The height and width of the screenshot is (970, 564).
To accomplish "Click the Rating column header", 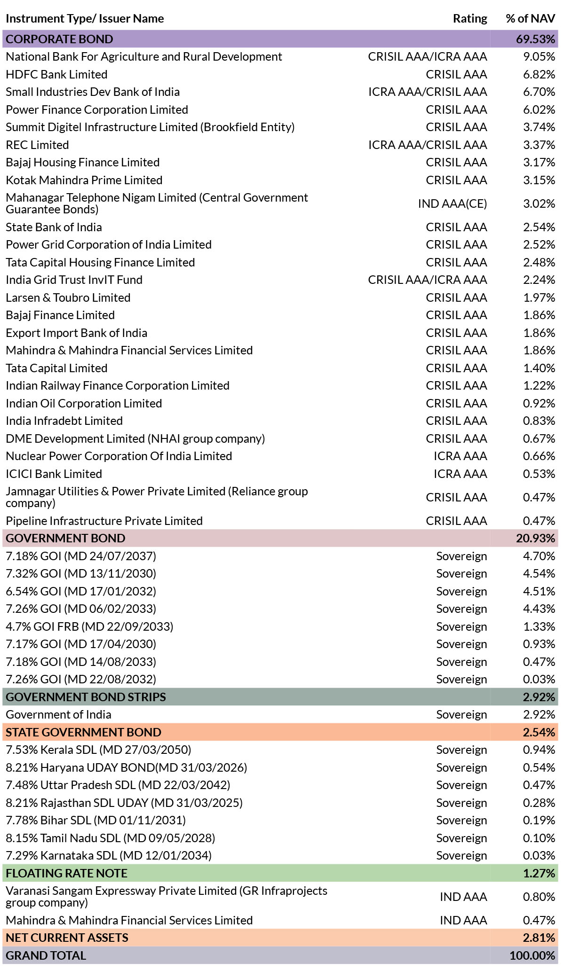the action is click(x=470, y=19).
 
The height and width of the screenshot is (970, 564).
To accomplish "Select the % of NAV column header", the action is click(x=531, y=19).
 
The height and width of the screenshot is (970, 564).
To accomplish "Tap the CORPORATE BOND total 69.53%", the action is click(x=536, y=39).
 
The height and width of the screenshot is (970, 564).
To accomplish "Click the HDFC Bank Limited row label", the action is click(x=56, y=74).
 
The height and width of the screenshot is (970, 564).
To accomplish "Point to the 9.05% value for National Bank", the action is click(x=539, y=57).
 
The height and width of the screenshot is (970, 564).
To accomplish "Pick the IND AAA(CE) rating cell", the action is click(x=453, y=203).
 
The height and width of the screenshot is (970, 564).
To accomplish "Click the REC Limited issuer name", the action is click(x=37, y=145).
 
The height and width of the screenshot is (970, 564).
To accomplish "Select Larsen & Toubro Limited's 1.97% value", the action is click(x=539, y=297).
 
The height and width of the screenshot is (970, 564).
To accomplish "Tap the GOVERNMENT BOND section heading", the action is click(x=65, y=538).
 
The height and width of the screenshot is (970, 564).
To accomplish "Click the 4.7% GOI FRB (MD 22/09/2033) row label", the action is click(x=89, y=626).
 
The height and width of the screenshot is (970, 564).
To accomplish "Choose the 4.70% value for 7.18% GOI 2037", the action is click(x=539, y=556).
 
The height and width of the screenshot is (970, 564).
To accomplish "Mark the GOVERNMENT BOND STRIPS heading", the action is click(x=86, y=697).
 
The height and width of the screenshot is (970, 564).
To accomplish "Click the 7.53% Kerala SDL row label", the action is click(x=98, y=750).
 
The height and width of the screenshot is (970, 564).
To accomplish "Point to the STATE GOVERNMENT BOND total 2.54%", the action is click(x=539, y=732).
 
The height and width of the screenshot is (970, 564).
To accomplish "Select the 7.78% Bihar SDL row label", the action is click(x=95, y=820).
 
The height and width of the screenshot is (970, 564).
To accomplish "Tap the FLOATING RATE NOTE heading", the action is click(x=66, y=873).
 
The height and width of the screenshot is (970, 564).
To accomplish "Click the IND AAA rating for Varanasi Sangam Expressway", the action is click(x=463, y=897).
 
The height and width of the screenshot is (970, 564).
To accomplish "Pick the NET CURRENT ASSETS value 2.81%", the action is click(x=539, y=938).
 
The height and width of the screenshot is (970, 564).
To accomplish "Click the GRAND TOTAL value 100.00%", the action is click(x=532, y=955).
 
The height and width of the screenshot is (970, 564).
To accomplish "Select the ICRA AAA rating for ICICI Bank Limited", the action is click(x=460, y=474).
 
